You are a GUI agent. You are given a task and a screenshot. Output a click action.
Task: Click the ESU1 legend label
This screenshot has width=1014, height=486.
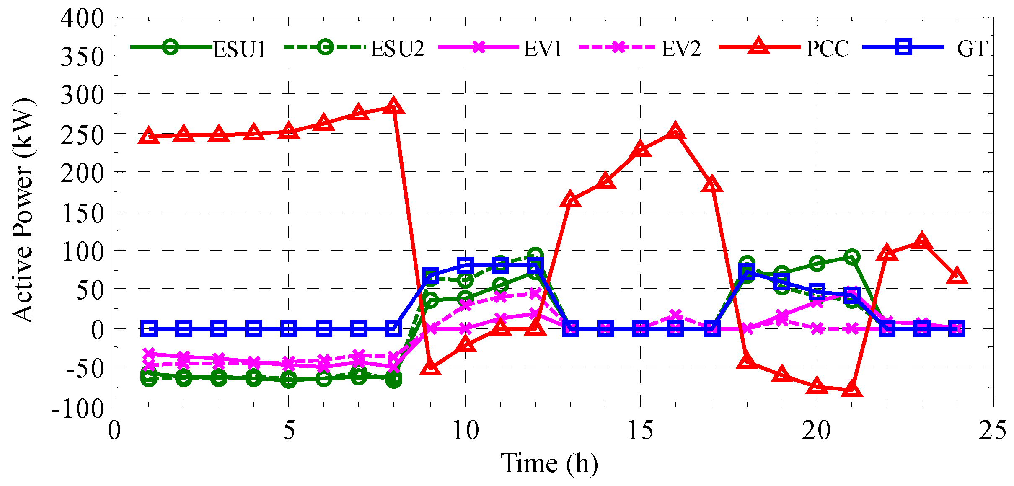click(x=239, y=49)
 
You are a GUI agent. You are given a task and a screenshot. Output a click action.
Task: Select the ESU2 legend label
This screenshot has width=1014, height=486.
click(x=397, y=49)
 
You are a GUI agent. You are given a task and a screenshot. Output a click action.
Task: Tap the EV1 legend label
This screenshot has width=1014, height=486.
click(x=543, y=49)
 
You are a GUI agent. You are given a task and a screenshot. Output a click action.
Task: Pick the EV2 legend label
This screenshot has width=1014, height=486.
click(x=681, y=49)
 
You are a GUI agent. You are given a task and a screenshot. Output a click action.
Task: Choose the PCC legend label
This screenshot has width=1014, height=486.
click(x=828, y=49)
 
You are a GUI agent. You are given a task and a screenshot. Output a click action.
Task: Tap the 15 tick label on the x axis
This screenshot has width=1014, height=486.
click(x=640, y=430)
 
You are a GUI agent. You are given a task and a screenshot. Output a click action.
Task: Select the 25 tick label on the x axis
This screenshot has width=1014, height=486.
click(x=992, y=430)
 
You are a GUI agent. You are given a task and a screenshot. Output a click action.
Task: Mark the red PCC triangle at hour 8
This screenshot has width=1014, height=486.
click(x=393, y=106)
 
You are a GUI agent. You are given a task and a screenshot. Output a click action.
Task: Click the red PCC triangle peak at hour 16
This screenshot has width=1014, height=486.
click(x=675, y=132)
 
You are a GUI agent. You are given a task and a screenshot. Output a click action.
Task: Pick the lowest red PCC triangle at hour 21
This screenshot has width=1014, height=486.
click(x=851, y=390)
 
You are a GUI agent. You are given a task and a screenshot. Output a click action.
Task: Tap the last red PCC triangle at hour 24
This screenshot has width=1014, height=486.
click(x=957, y=277)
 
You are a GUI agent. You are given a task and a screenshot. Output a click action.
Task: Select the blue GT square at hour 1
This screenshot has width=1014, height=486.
click(x=149, y=328)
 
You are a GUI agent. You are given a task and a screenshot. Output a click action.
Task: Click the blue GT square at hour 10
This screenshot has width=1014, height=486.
click(x=465, y=265)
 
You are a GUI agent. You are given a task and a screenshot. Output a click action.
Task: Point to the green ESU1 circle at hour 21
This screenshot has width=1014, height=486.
click(x=851, y=257)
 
